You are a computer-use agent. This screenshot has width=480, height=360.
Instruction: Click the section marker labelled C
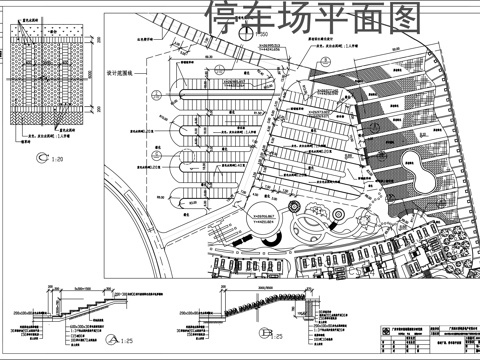[x=40, y=158]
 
